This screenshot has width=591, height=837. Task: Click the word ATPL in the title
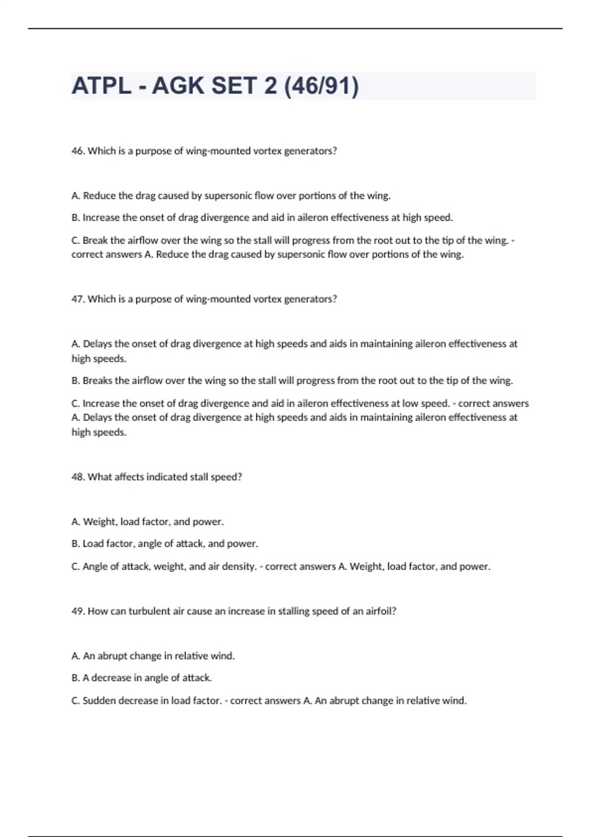click(x=101, y=86)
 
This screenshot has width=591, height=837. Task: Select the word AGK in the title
click(x=178, y=86)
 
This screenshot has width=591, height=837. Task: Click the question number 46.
click(x=78, y=151)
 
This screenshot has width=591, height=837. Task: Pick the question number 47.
click(x=78, y=299)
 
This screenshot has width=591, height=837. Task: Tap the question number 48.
click(x=78, y=477)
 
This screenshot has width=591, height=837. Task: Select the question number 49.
click(x=78, y=612)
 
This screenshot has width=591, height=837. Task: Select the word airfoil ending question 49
click(x=381, y=612)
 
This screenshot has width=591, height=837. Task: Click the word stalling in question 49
click(x=294, y=612)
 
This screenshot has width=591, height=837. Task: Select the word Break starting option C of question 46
click(x=95, y=241)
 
